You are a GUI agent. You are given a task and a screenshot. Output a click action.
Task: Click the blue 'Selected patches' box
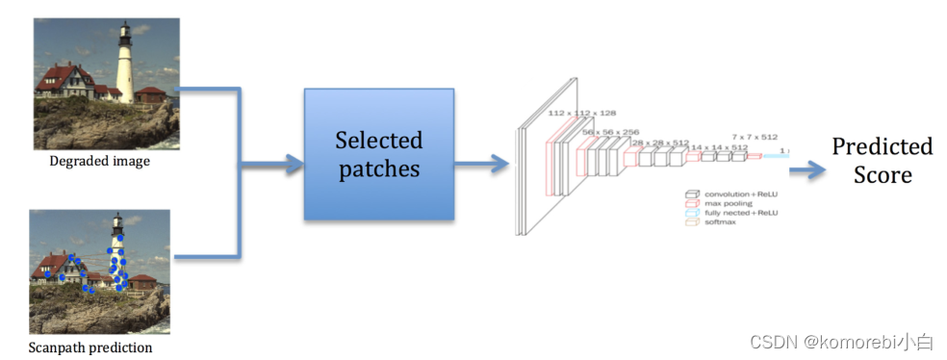[x=378, y=154]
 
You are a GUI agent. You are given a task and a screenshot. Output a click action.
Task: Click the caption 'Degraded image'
[x=100, y=162]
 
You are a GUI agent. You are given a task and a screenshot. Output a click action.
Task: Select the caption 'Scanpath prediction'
[x=90, y=347]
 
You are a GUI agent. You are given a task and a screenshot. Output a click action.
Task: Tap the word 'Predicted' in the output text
[x=882, y=146]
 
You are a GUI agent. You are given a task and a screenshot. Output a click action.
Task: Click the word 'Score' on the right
[x=882, y=175]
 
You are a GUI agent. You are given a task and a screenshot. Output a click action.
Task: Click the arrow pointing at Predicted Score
[x=806, y=169]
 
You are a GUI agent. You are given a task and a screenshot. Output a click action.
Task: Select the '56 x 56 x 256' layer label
[x=611, y=132]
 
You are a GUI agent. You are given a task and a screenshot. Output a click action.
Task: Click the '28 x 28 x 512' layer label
[x=660, y=142]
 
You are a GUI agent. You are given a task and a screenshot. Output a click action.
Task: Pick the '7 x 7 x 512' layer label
[x=755, y=137]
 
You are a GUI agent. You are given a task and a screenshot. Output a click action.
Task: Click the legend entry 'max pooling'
[x=728, y=203]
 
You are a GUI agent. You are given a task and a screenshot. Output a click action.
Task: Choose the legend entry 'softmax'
[x=721, y=222]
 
